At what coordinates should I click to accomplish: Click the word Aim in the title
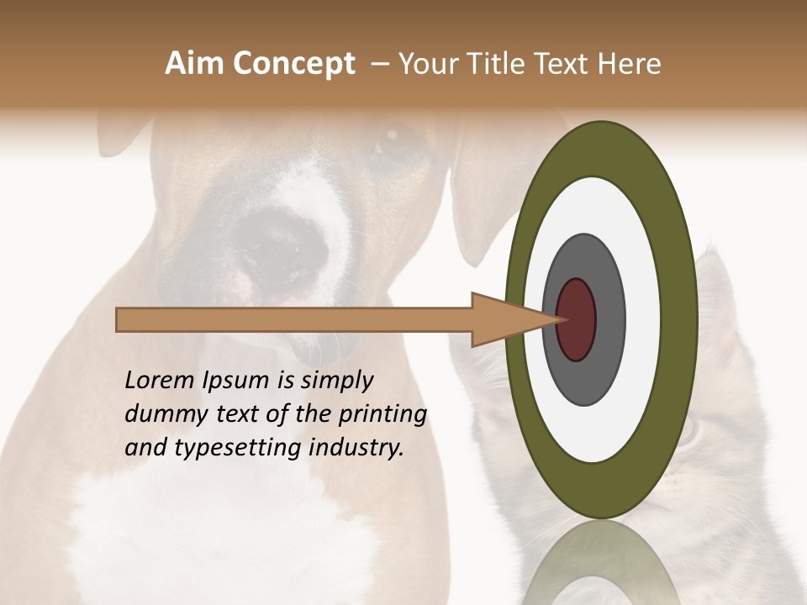click(194, 64)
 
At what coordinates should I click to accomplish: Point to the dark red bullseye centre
click(577, 319)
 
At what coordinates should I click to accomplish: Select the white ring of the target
click(600, 202)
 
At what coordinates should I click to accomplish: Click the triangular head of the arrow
click(504, 319)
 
